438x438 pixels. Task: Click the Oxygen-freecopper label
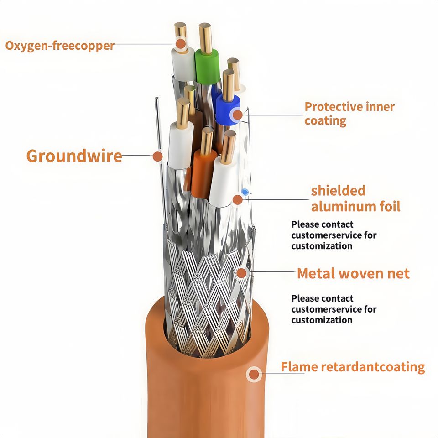click(x=60, y=46)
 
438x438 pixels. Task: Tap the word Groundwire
click(x=74, y=156)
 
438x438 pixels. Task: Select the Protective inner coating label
click(x=349, y=114)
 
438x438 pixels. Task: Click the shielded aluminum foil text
click(x=355, y=198)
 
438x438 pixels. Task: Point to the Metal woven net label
click(x=353, y=273)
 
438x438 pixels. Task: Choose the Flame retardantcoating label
click(x=353, y=367)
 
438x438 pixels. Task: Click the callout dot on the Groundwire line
click(x=157, y=156)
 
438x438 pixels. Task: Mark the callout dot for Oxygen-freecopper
click(x=181, y=44)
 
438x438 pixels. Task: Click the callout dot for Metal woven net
click(x=242, y=273)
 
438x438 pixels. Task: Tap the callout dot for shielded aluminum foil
click(x=237, y=199)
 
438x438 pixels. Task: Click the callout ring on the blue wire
click(x=237, y=115)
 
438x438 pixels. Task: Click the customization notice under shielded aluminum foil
click(x=334, y=235)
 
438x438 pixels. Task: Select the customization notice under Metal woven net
click(x=334, y=309)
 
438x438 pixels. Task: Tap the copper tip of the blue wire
click(x=228, y=85)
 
